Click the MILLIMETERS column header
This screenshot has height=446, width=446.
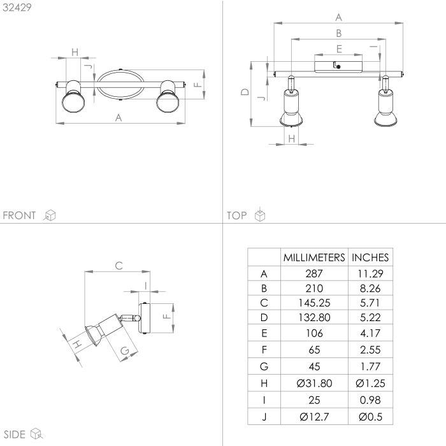point(314,257)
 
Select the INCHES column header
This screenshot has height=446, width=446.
point(370,257)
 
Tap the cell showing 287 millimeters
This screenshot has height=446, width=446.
point(314,274)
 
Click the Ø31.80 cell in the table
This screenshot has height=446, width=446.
point(314,383)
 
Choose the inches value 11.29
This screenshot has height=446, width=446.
point(370,274)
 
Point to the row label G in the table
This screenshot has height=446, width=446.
point(264,366)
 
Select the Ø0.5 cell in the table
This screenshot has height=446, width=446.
point(370,418)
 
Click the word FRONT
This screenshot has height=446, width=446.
point(20,215)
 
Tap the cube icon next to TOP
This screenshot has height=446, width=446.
point(260,215)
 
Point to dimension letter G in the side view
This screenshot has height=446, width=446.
point(125,350)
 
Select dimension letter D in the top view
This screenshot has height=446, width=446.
point(244,92)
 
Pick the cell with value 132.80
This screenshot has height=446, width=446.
point(314,317)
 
